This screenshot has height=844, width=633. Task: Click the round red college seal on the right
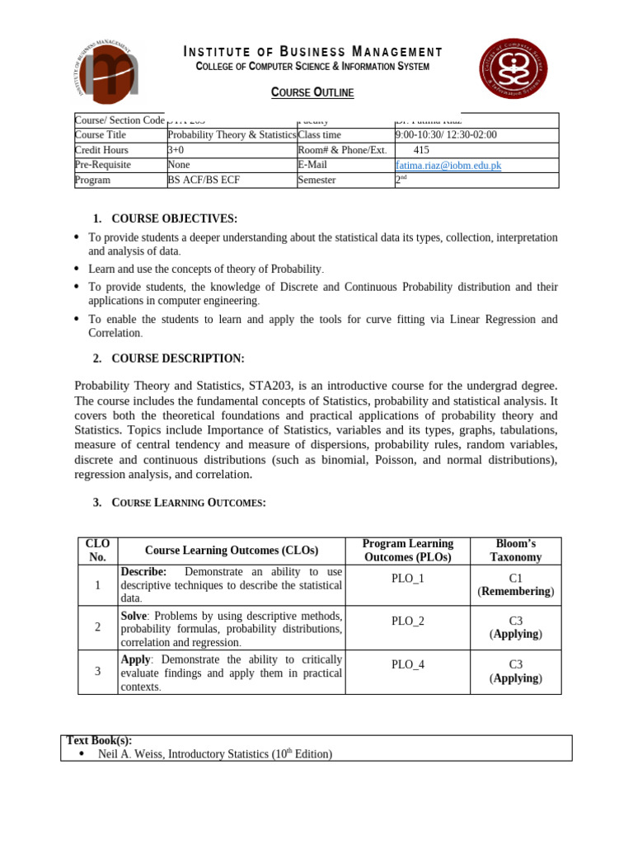tap(513, 68)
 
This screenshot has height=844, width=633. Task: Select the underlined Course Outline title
tap(312, 92)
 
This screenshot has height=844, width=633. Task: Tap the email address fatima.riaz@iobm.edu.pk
tap(448, 165)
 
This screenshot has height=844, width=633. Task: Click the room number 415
tap(421, 150)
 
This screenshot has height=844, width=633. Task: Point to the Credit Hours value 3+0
tap(176, 150)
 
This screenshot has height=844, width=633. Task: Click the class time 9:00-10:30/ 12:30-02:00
tap(446, 135)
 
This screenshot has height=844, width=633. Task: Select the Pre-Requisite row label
tap(102, 165)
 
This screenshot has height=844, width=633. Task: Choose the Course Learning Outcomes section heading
tap(188, 503)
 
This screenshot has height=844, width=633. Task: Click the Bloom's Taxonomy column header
tap(515, 551)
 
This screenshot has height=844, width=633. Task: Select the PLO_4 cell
tap(407, 664)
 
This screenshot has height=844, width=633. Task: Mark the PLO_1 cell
tap(407, 579)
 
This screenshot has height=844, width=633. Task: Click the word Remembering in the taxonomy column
tap(516, 592)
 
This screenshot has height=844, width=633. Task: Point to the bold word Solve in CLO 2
tap(134, 616)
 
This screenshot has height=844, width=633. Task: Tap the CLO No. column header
tap(97, 551)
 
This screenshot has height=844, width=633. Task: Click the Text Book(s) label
tap(99, 740)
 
